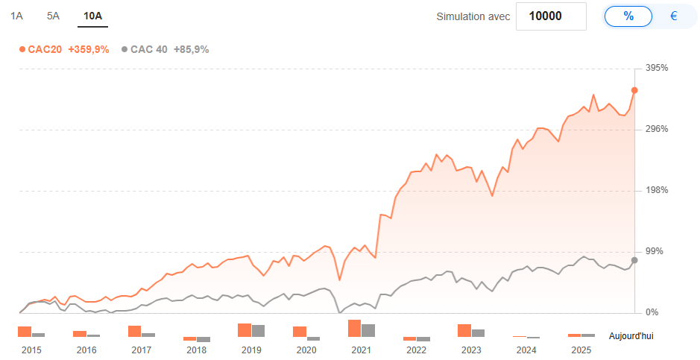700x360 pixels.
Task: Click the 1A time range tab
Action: pyautogui.click(x=16, y=16)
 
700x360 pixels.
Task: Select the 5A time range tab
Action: pyautogui.click(x=53, y=16)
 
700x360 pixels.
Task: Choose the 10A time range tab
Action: pyautogui.click(x=93, y=16)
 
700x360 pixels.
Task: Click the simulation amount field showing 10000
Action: pyautogui.click(x=551, y=16)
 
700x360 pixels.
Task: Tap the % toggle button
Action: pyautogui.click(x=628, y=16)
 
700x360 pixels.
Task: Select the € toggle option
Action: pyautogui.click(x=673, y=16)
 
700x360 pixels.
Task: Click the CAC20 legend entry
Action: pyautogui.click(x=64, y=49)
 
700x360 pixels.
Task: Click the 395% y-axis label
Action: pyautogui.click(x=657, y=68)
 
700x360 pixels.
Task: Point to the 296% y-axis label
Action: pyautogui.click(x=657, y=129)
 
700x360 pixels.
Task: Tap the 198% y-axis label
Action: pyautogui.click(x=657, y=190)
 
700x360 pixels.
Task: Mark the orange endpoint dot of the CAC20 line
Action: pyautogui.click(x=634, y=90)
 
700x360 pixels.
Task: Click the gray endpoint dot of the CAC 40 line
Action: pyautogui.click(x=634, y=260)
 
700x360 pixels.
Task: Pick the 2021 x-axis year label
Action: pyautogui.click(x=362, y=350)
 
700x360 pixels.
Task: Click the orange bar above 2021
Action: pyautogui.click(x=355, y=328)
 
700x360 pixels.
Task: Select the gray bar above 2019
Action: pyautogui.click(x=259, y=331)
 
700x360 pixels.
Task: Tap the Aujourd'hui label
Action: pyautogui.click(x=631, y=336)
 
